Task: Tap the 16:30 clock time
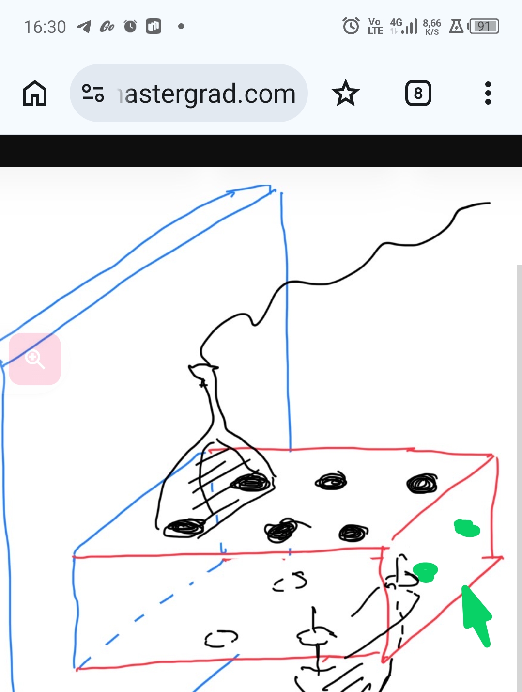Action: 45,27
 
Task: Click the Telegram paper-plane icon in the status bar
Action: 84,26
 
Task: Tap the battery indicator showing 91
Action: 483,26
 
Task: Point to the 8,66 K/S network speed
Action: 431,27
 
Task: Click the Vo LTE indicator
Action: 375,26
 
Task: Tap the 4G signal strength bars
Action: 404,26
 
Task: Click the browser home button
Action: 35,93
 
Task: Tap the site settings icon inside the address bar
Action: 93,93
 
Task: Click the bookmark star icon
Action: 346,93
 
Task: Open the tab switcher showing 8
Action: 418,93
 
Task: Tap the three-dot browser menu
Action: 488,93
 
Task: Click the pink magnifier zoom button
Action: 35,359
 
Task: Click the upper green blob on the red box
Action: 467,528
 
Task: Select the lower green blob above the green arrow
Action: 426,571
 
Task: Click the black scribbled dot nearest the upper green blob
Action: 422,483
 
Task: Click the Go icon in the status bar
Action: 107,27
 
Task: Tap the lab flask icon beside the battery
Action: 456,26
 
